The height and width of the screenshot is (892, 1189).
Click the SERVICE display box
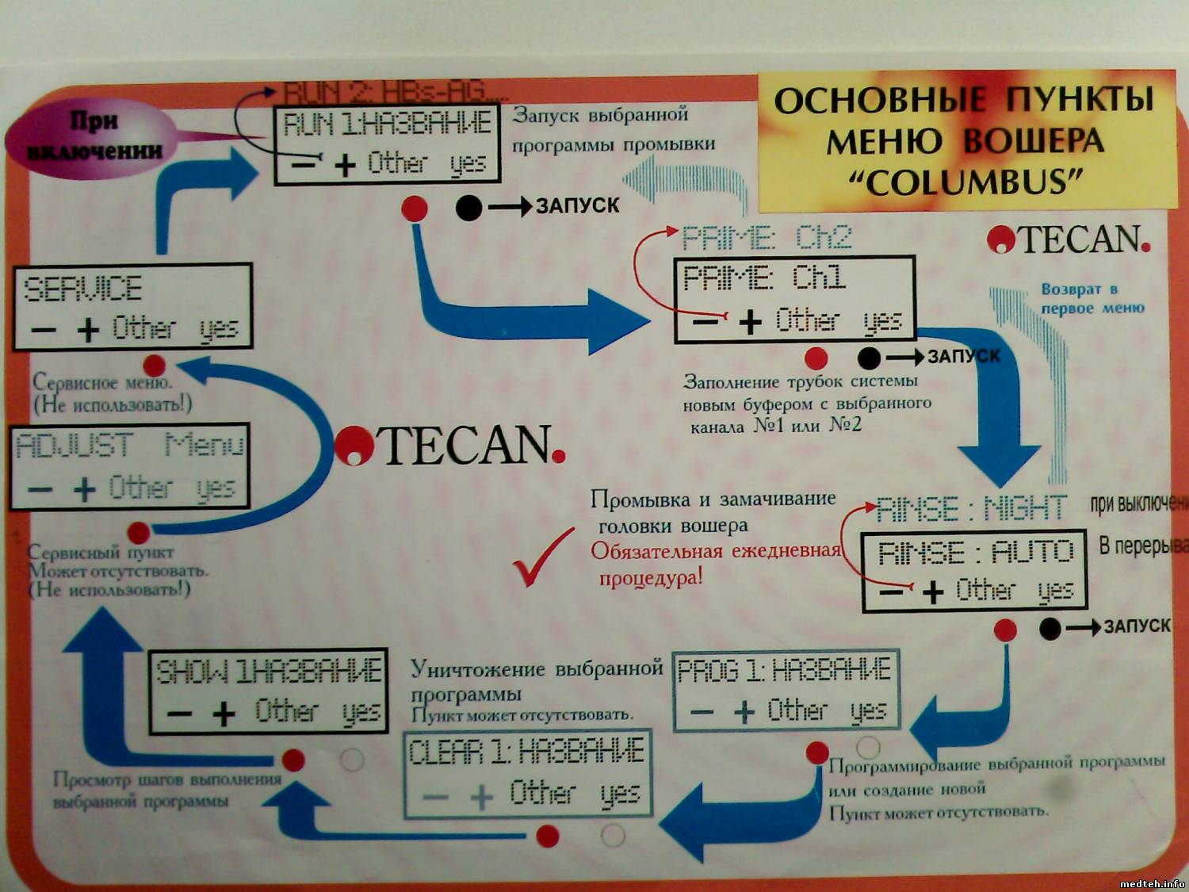132,308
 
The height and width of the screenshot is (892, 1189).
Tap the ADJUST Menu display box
129,467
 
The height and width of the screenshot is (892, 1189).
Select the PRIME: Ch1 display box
794,300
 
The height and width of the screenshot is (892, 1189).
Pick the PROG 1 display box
786,691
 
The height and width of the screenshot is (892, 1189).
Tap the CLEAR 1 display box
527,774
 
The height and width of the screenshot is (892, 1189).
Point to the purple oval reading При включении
94,135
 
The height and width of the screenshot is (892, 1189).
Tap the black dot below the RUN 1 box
468,208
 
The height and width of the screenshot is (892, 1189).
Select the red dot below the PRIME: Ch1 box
816,358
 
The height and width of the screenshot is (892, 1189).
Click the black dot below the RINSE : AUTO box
1050,629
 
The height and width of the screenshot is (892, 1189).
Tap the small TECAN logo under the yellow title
1069,239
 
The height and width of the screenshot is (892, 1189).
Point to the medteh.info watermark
1152,883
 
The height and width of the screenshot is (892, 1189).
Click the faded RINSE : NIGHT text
972,508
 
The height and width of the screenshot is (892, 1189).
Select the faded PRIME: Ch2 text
767,237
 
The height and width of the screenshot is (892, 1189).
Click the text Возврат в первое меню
1092,299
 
